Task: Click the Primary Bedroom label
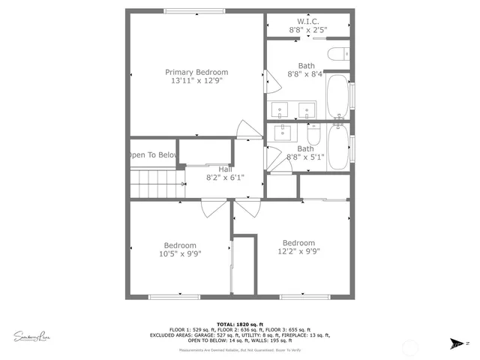click(196, 72)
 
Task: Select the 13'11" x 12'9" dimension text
click(196, 81)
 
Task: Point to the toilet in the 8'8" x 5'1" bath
click(314, 136)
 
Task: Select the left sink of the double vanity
click(280, 111)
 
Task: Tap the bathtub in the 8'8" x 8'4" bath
click(337, 94)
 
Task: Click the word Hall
click(225, 169)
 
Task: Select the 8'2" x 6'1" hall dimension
click(225, 178)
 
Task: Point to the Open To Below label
click(152, 155)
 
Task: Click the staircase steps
click(157, 183)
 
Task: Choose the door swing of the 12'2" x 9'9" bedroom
click(246, 208)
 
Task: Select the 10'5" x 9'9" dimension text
click(181, 253)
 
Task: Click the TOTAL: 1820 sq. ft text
click(240, 322)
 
